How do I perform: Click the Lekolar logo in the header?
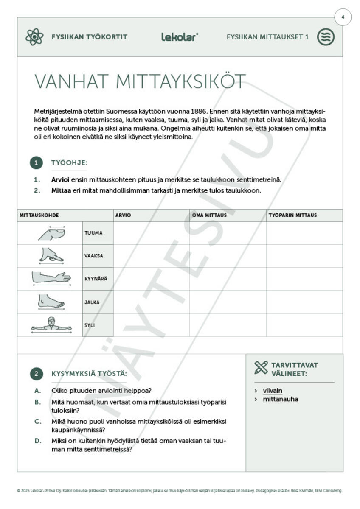coord(180,37)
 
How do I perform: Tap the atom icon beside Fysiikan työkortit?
coord(34,37)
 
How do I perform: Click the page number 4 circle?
coord(343,18)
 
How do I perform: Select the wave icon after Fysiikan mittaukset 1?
coord(326,37)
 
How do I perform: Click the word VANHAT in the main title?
coord(70,81)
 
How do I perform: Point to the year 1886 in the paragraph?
coord(196,111)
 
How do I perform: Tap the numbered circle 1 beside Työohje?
coord(37,163)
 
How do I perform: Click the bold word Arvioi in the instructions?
coord(61,180)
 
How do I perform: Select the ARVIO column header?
coord(123,215)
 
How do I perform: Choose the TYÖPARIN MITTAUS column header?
coord(292,215)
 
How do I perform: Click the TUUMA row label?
coord(93,233)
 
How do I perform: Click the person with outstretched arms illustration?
coord(51,325)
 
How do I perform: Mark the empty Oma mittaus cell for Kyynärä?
coord(228,279)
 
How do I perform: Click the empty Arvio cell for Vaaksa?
coord(151,256)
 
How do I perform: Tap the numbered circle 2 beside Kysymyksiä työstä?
coord(37,374)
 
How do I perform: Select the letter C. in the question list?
coord(38,422)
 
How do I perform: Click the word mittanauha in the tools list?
coord(280,399)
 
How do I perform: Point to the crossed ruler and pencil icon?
coord(261,367)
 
